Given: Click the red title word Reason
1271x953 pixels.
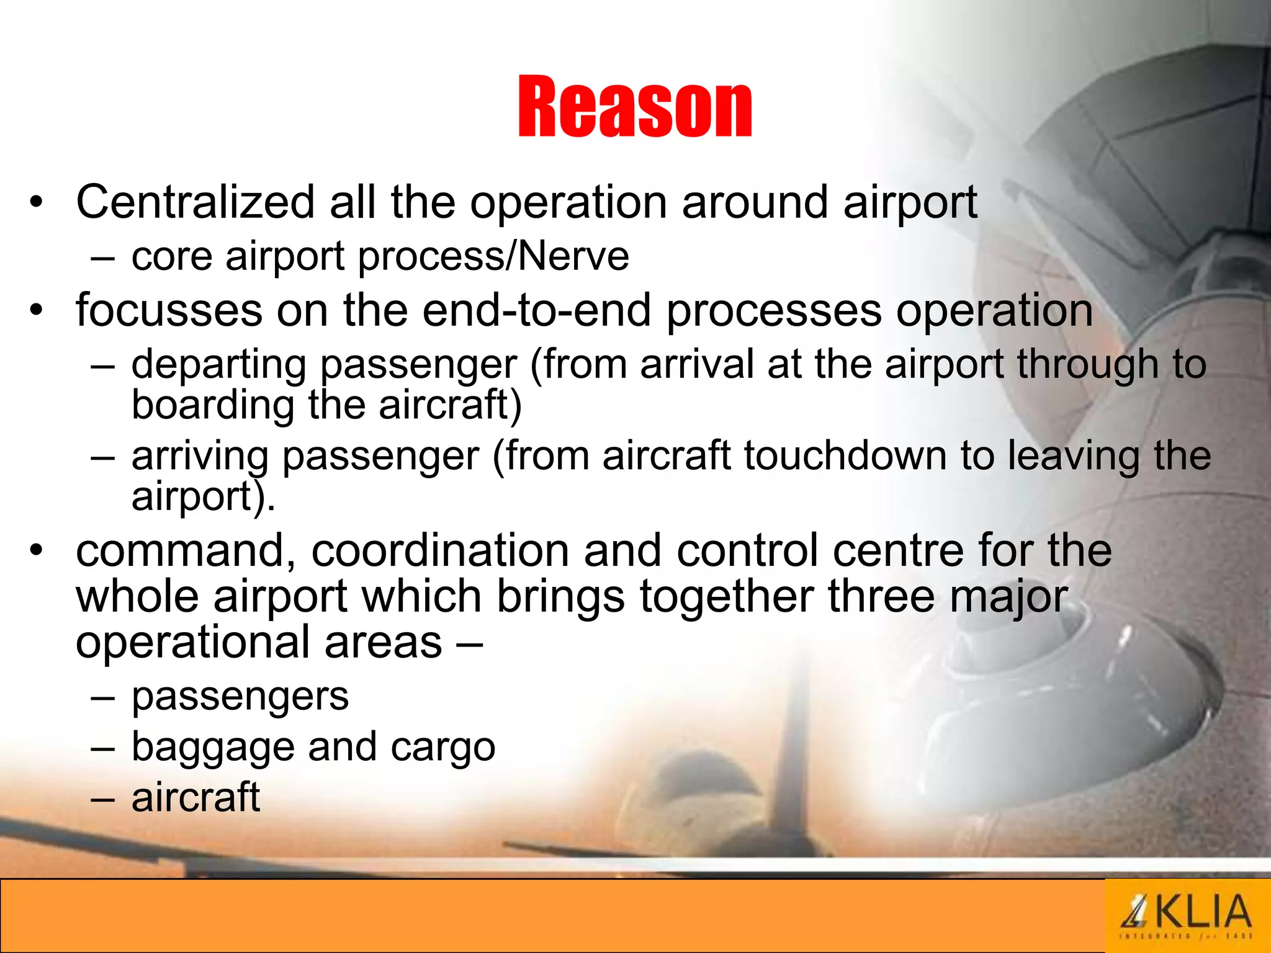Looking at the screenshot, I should [634, 107].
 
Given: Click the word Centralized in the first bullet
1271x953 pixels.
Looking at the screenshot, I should [195, 202].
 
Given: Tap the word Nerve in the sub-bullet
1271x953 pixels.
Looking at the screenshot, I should [573, 256].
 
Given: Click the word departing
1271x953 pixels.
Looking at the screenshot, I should [218, 365].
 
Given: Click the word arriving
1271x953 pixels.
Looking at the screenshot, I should [200, 456].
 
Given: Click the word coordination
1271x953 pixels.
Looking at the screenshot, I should [440, 550].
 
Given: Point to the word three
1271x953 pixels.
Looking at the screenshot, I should [881, 596].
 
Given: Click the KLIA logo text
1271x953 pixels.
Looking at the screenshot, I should [1201, 912].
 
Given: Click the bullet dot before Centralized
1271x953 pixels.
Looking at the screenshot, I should [37, 203].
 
